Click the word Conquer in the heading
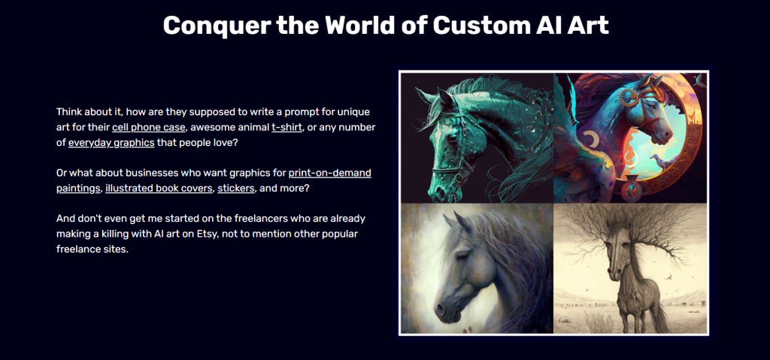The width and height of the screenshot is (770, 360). [x=217, y=26]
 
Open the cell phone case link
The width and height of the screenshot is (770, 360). [x=149, y=128]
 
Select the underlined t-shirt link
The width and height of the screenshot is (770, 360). [x=286, y=128]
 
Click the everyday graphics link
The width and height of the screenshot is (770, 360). [x=111, y=143]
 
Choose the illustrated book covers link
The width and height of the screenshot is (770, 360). [x=159, y=188]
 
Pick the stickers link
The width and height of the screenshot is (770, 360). [x=235, y=188]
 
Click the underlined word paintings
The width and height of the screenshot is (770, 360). [x=78, y=188]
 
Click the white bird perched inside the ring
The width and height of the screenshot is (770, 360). [x=659, y=162]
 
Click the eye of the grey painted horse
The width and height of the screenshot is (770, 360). [x=462, y=256]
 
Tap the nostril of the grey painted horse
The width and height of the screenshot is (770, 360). [x=441, y=310]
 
